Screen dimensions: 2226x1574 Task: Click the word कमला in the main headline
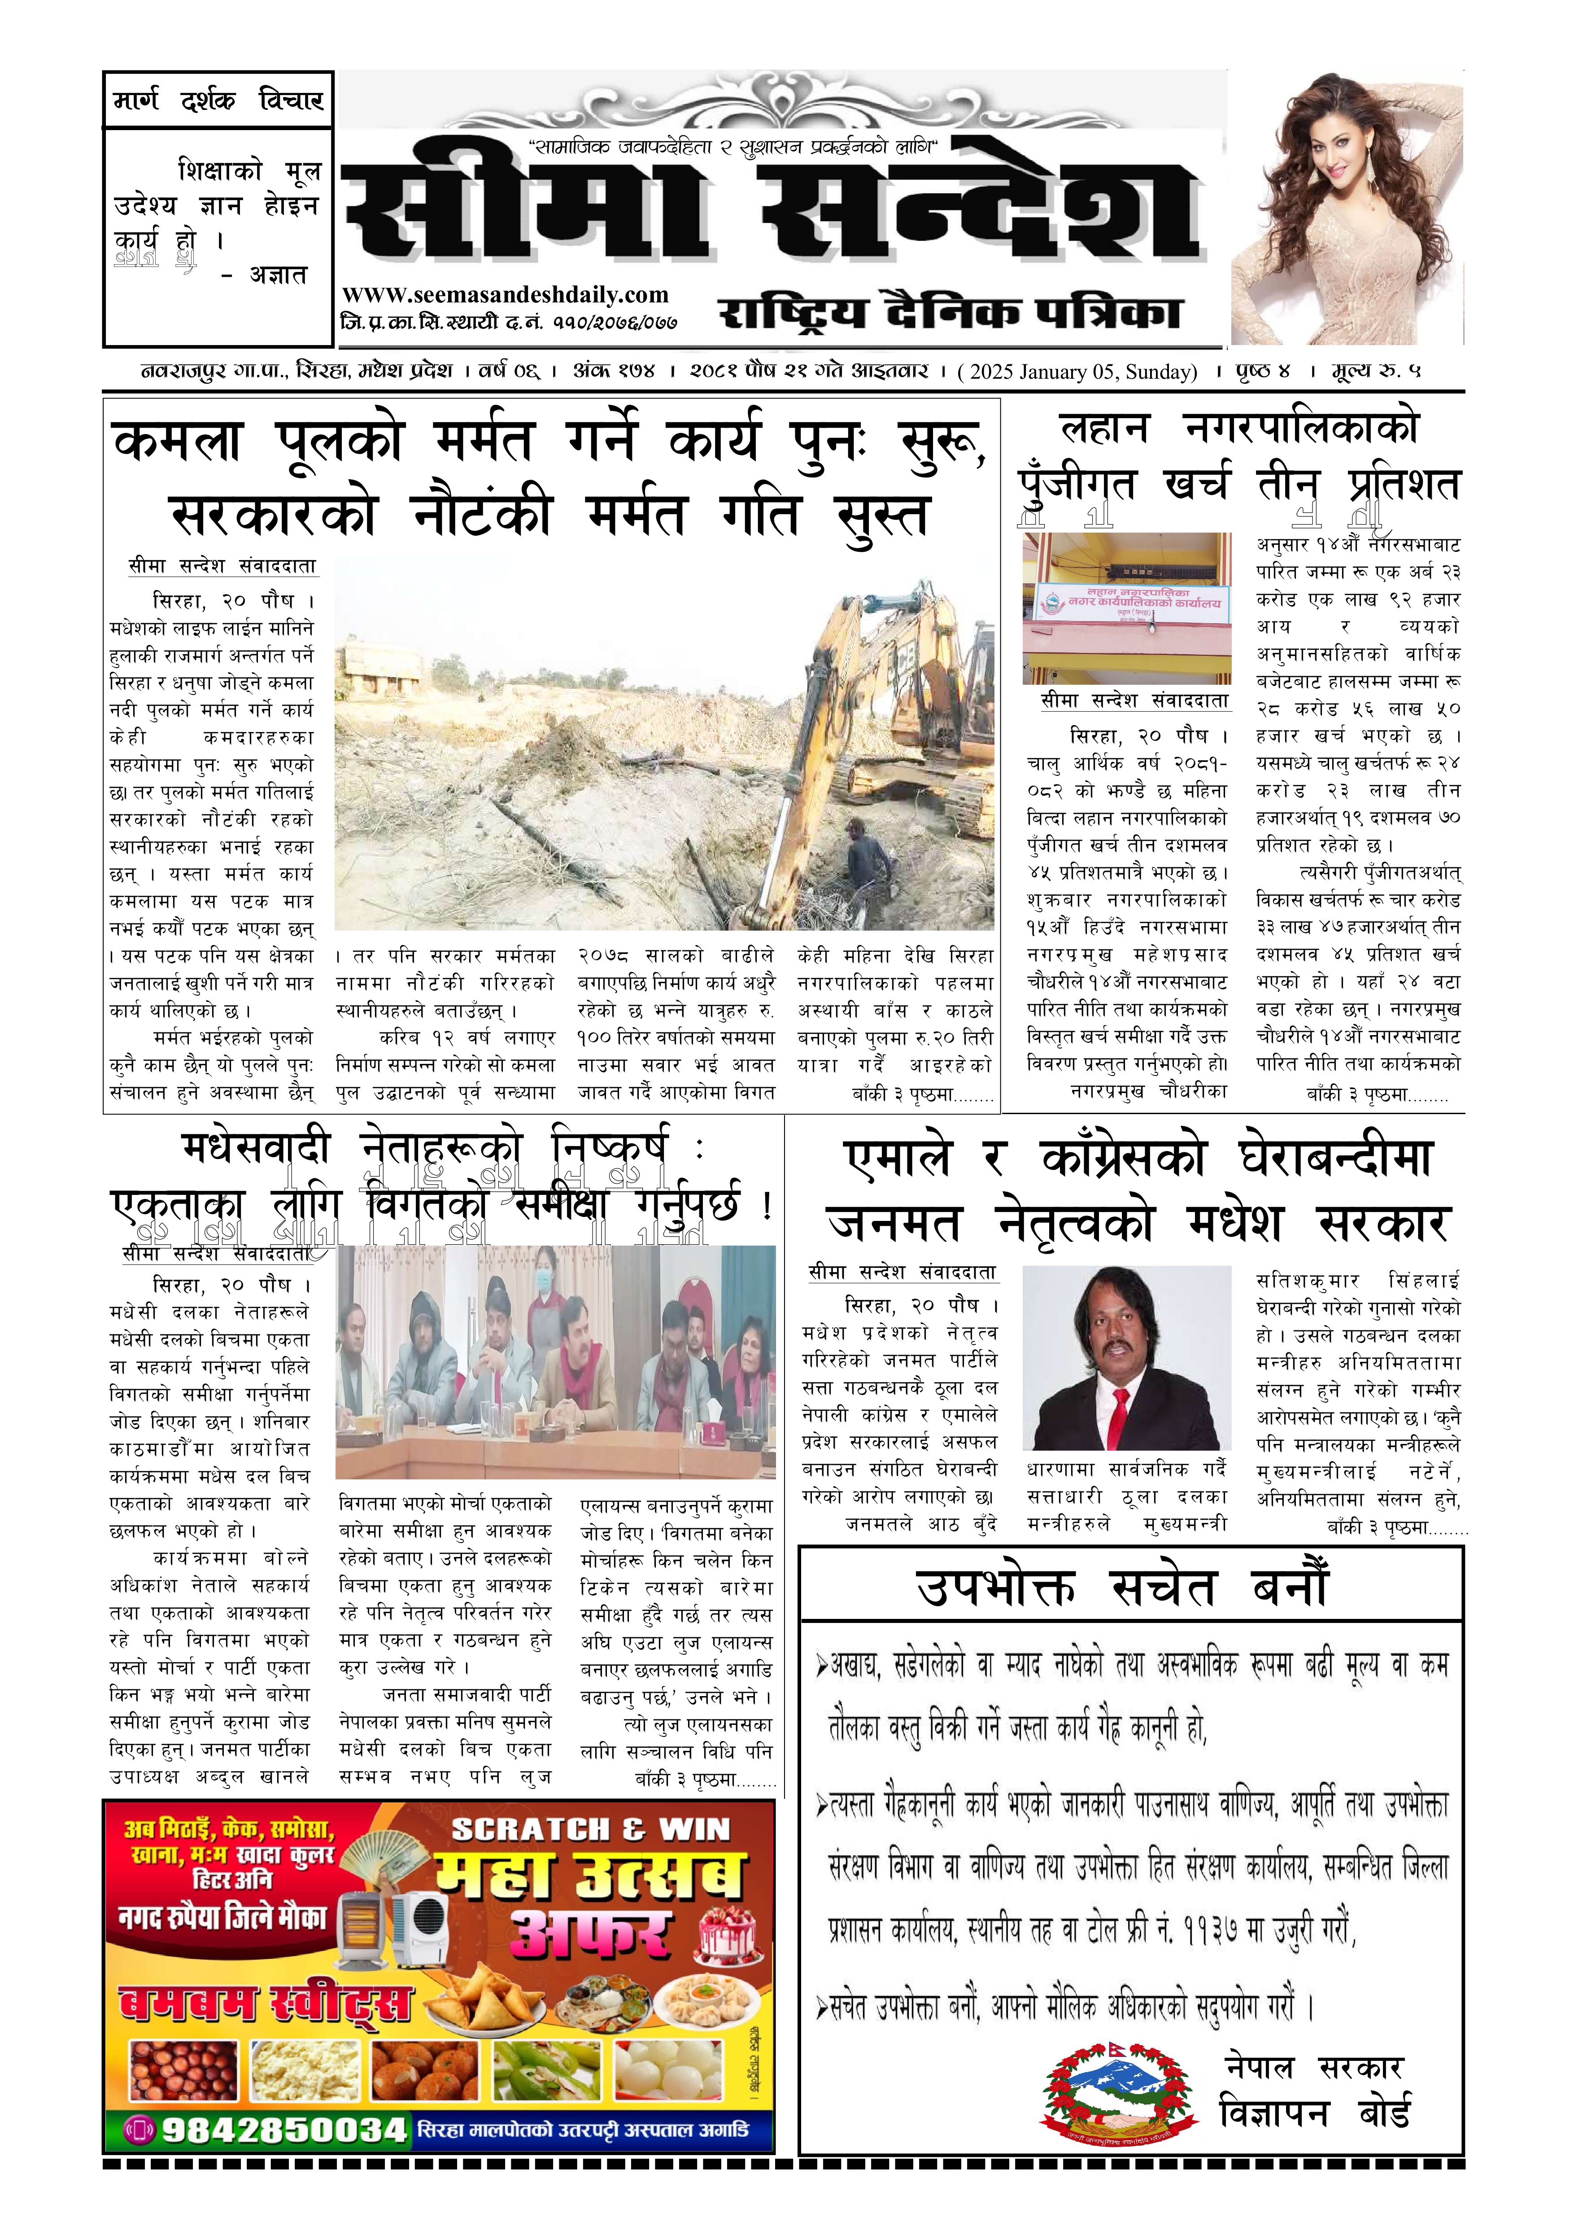[177, 442]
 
